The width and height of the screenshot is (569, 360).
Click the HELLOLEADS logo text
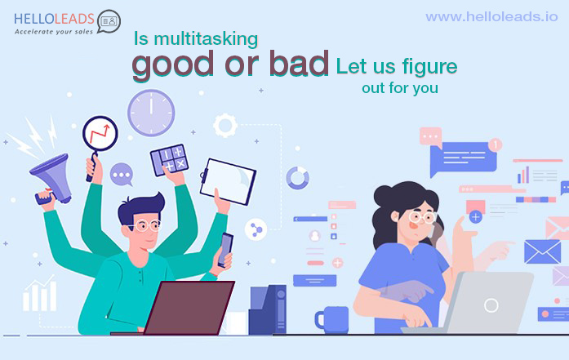click(54, 19)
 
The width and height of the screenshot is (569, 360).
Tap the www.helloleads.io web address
click(491, 16)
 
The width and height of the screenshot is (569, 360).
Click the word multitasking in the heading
click(206, 39)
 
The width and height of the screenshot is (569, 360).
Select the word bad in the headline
click(299, 63)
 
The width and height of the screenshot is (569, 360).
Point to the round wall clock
click(151, 113)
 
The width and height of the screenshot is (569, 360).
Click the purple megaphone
click(52, 178)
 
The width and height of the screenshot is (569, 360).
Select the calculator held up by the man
click(170, 160)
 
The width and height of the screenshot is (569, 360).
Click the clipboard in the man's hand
click(228, 181)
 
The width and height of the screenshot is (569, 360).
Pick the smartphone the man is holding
click(225, 250)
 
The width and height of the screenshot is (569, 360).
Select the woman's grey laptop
click(475, 303)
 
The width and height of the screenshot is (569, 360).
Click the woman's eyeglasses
click(422, 217)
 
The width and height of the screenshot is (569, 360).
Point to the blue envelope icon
click(543, 251)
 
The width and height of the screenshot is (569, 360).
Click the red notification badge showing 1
click(495, 144)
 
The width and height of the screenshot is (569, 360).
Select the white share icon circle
click(256, 229)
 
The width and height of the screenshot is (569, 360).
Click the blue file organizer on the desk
click(268, 309)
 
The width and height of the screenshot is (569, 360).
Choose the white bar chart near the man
click(39, 294)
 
